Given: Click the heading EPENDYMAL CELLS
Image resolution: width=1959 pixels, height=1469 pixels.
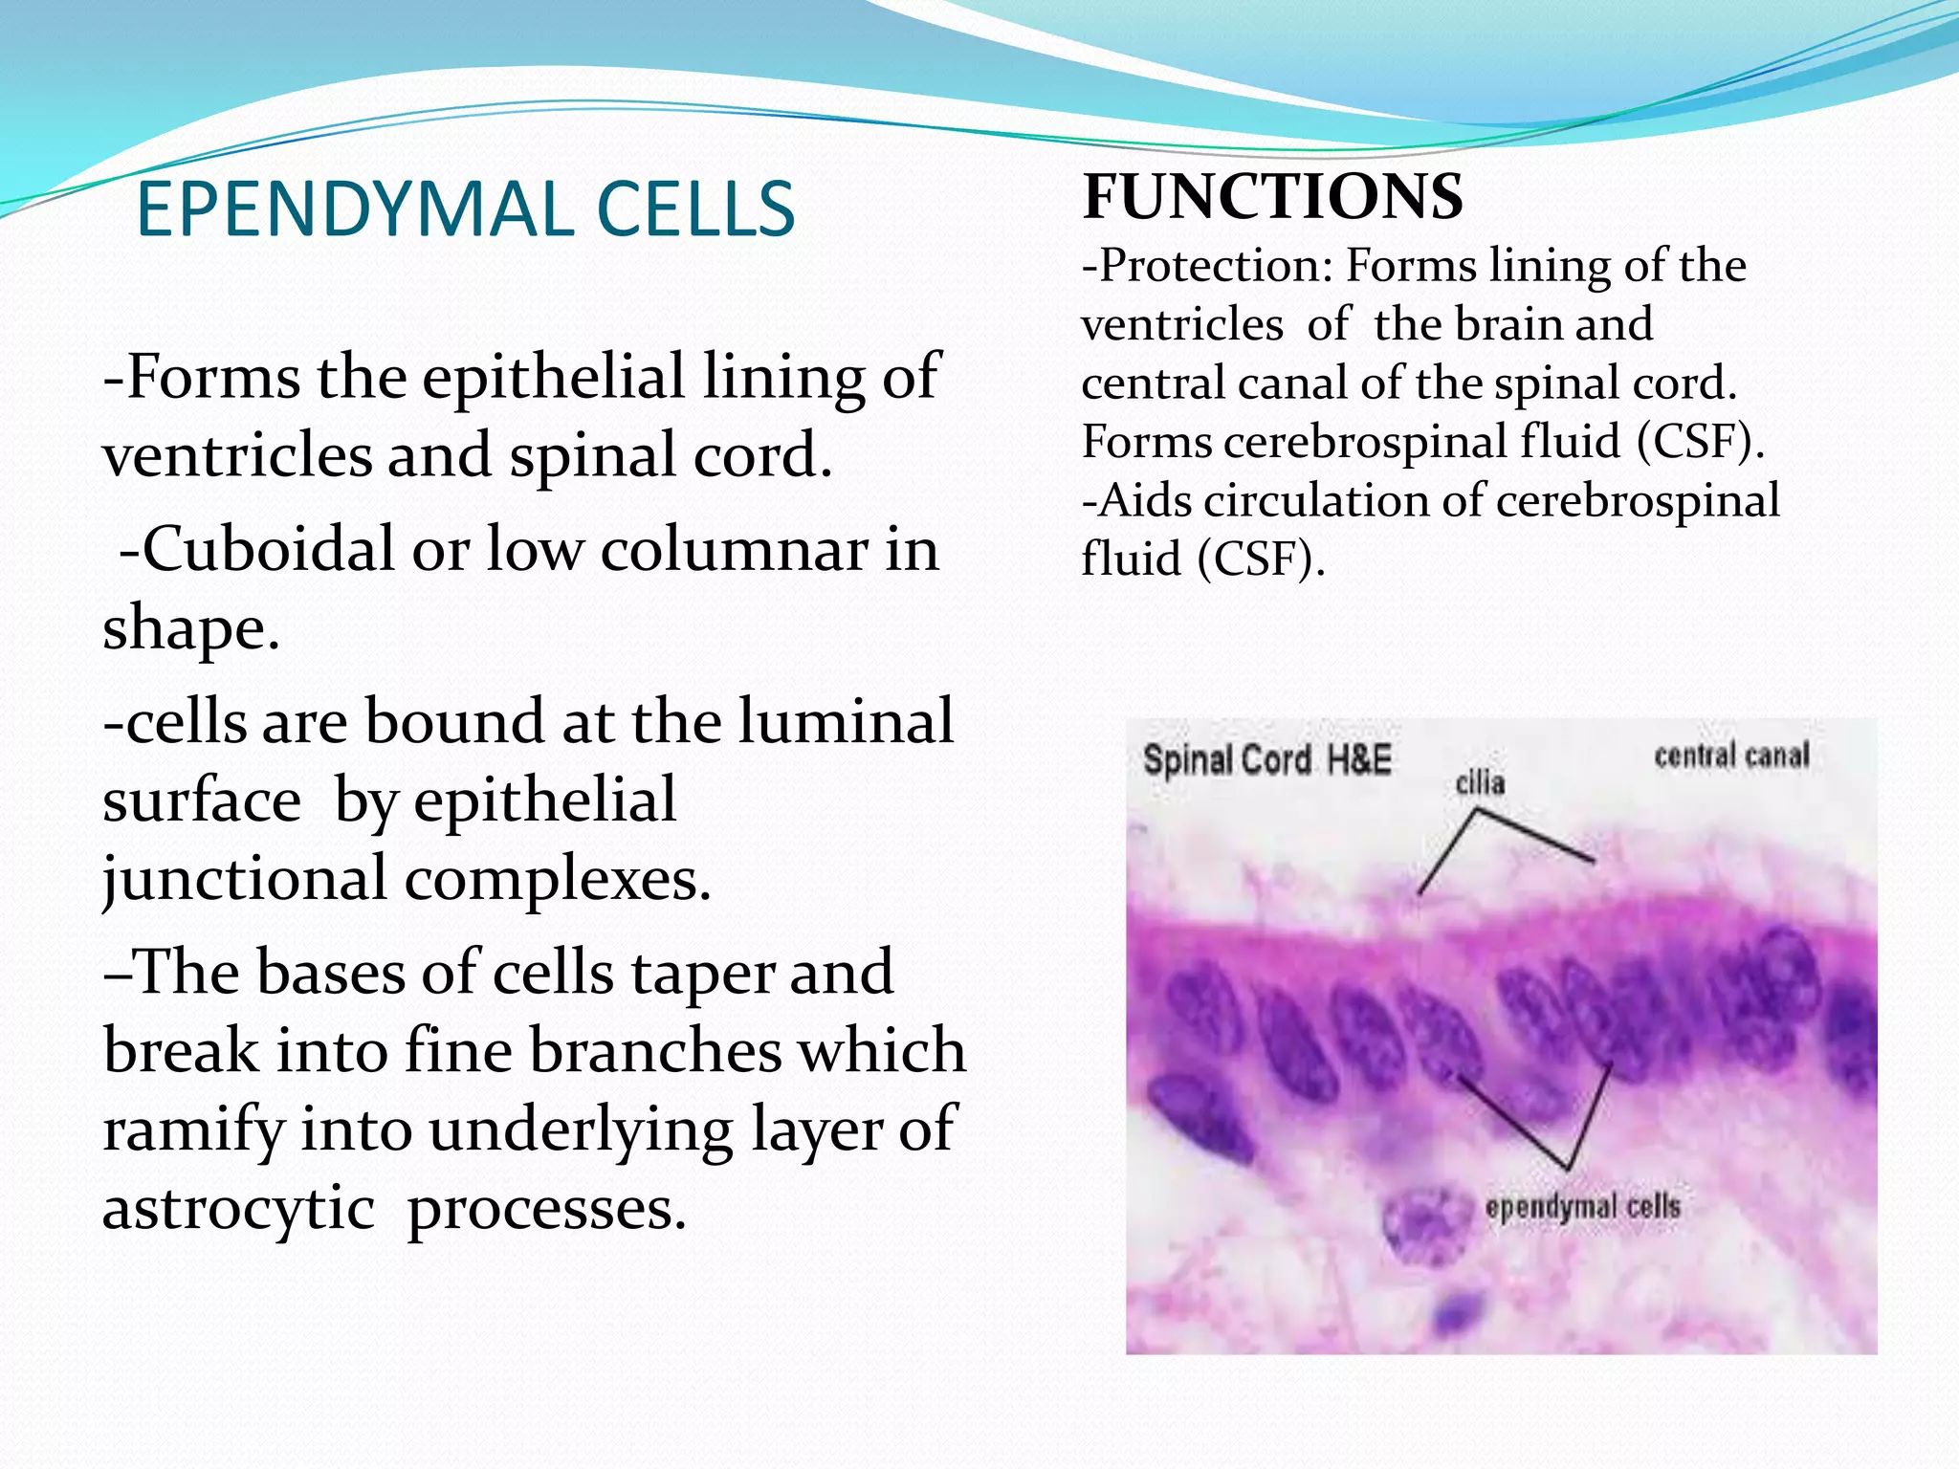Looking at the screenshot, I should pos(466,209).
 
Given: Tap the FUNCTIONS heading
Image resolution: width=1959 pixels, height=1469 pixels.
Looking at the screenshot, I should pos(1272,197).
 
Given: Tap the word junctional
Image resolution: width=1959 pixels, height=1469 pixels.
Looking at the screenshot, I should pos(244,880).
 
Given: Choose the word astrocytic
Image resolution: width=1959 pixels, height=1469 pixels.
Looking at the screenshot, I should pos(238,1209).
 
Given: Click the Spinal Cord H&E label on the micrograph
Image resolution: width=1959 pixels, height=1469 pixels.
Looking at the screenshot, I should pos(1266,760).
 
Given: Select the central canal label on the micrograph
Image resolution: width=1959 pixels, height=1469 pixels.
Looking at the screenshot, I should pos(1731,756).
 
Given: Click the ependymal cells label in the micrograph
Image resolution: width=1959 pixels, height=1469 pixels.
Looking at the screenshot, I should pos(1582,1207).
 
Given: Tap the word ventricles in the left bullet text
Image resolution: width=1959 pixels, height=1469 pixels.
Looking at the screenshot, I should pos(237,456).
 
